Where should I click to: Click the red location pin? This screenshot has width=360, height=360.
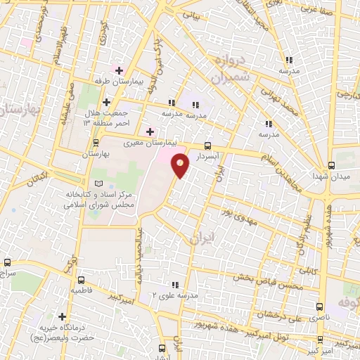coord(181,166)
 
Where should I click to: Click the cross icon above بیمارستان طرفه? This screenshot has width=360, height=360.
coord(119,70)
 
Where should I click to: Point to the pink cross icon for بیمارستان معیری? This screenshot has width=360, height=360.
coord(149,131)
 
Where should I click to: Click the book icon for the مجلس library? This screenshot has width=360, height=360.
coord(97,183)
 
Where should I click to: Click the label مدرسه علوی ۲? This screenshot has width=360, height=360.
coord(174,295)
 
